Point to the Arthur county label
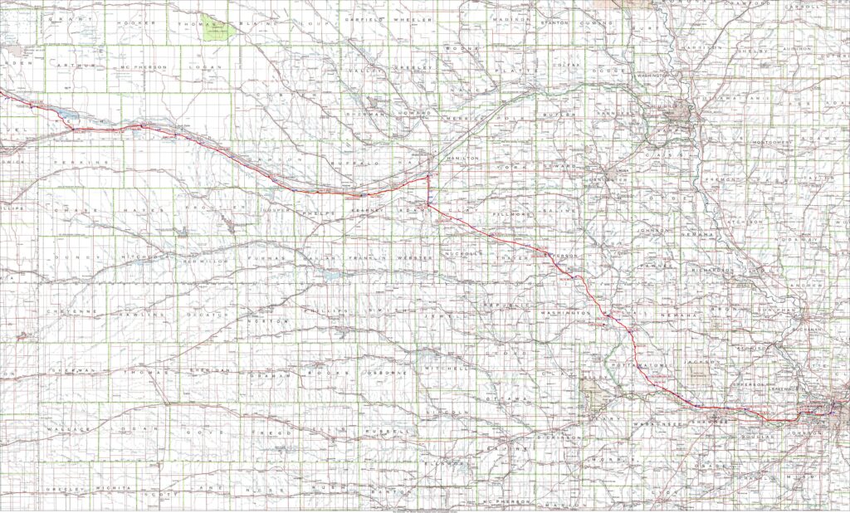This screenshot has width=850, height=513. coord(79,66)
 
